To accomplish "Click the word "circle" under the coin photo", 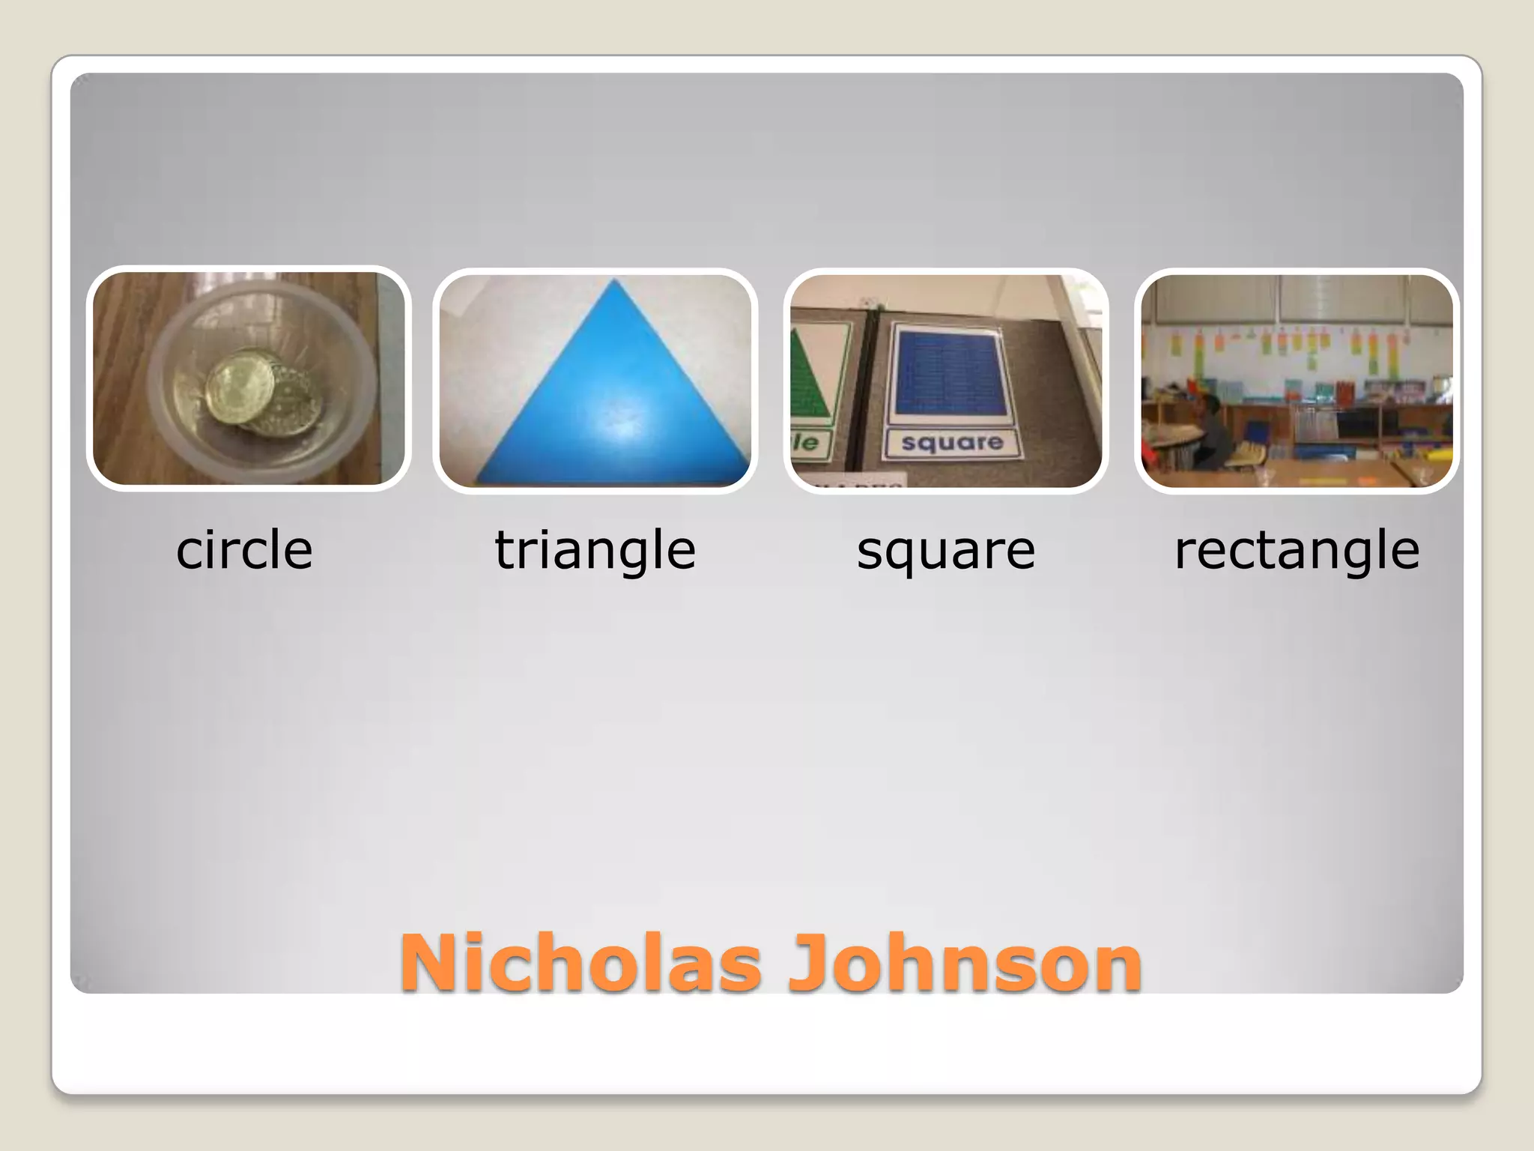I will click(x=244, y=550).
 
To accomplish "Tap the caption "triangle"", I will click(x=595, y=550).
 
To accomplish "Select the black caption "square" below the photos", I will click(x=945, y=550).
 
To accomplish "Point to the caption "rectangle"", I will click(x=1297, y=550).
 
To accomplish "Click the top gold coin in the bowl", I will click(x=238, y=390).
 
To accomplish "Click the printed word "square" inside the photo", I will click(x=952, y=443).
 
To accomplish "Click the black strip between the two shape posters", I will click(x=869, y=390).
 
